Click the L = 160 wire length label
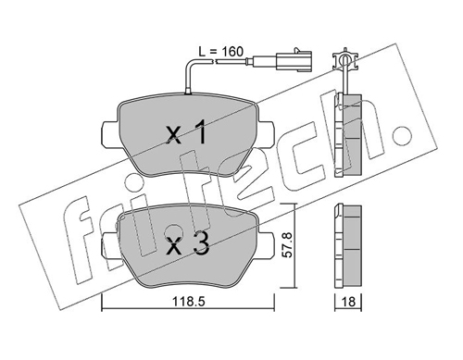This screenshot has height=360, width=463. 221,52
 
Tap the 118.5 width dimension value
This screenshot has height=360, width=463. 188,302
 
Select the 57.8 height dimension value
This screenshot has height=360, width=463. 287,245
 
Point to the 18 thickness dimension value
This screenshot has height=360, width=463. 349,302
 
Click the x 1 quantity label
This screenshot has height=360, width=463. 186,133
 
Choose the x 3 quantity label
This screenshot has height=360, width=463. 188,244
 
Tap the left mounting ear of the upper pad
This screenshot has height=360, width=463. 110,133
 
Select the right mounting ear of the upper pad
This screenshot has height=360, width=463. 266,133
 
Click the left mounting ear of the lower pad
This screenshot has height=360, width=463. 110,244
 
